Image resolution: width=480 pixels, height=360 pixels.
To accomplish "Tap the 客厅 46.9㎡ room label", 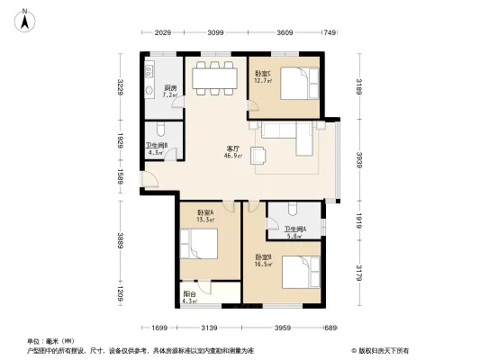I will [232, 151].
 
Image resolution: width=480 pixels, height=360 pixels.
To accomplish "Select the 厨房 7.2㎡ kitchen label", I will [169, 90].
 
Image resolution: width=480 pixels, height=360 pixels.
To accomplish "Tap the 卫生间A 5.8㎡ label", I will [295, 233].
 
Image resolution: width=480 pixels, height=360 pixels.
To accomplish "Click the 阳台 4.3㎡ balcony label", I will [189, 297].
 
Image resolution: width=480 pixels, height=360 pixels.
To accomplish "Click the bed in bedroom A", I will [199, 246].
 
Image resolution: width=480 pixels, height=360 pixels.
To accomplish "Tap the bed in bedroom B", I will [298, 273].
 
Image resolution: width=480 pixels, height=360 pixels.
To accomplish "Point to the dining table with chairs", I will [214, 76].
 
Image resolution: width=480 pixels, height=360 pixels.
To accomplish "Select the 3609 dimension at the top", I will [285, 33].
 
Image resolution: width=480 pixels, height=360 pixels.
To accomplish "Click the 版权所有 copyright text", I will [386, 349].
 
